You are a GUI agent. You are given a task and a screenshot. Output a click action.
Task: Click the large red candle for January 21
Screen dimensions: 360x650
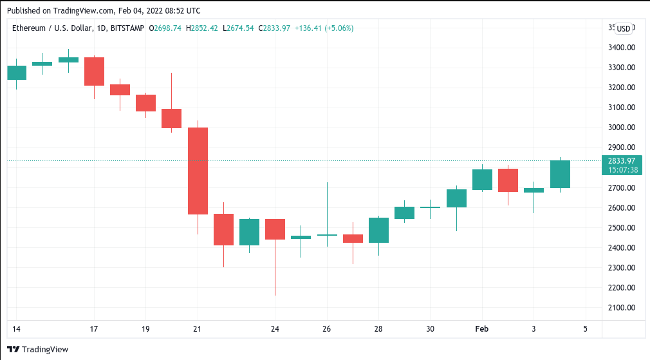tap(197, 171)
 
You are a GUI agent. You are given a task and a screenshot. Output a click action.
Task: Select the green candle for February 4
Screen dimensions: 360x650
tap(560, 174)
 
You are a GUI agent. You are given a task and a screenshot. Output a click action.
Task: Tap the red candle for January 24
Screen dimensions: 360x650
tap(275, 229)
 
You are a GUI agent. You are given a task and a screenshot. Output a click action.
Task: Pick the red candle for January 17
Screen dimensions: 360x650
tap(94, 71)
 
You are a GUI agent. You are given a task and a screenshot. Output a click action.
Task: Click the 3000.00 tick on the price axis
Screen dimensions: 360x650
tap(622, 128)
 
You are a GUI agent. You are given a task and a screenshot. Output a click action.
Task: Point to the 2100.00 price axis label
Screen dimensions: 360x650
tap(622, 308)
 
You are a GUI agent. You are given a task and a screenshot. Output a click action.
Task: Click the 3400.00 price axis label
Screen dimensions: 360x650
tap(622, 48)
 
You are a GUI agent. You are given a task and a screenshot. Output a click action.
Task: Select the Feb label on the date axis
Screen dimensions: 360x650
tap(481, 329)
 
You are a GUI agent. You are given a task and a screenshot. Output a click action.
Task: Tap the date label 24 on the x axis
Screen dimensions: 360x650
tap(275, 329)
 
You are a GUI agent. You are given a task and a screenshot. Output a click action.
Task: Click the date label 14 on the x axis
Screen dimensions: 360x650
tap(16, 329)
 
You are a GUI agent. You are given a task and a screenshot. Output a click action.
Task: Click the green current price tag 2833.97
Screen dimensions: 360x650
tap(622, 160)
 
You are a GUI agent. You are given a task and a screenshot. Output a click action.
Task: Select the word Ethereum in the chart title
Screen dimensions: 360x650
tap(30, 28)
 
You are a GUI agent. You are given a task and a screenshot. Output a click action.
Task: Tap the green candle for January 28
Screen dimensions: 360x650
tap(378, 230)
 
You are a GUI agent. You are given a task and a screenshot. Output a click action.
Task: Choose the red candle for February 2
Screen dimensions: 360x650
tap(508, 180)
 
